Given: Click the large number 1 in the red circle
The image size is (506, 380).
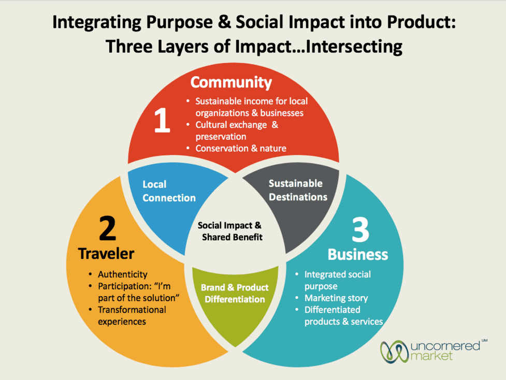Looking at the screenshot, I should [x=162, y=121].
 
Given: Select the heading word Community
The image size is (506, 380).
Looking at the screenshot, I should [x=230, y=82].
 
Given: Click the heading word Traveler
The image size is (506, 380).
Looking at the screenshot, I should [x=106, y=253].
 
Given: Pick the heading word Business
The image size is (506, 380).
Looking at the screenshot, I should [x=357, y=254].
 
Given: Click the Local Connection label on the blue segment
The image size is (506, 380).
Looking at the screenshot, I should [x=169, y=191].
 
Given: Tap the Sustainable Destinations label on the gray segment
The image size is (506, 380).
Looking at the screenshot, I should [x=297, y=190].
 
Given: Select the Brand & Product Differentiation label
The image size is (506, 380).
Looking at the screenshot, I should [x=235, y=294].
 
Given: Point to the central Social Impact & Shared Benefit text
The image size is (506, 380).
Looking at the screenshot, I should [x=229, y=231].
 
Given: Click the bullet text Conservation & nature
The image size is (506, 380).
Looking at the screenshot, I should [x=240, y=148].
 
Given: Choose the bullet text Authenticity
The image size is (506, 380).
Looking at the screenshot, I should [x=122, y=274].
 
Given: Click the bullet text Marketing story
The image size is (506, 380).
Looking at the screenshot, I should [x=336, y=298].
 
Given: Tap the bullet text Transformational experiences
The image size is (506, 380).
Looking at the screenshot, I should [x=132, y=315].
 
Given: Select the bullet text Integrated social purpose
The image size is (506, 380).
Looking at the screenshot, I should [x=337, y=280].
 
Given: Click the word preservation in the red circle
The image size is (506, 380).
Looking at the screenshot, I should [x=220, y=137].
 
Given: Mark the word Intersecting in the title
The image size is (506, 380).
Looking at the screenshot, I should [x=347, y=47].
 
